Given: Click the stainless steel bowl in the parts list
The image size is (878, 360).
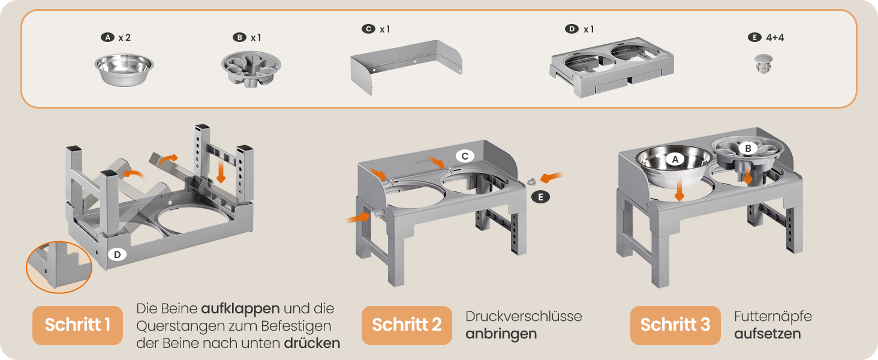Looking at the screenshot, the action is [124, 70].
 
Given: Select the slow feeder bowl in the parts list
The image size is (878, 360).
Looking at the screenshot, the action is [251, 69].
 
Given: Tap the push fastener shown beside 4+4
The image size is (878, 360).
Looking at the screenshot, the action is [763, 64].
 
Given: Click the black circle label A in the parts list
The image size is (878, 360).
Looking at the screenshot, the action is [107, 37].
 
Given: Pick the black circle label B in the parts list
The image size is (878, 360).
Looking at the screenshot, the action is [239, 37].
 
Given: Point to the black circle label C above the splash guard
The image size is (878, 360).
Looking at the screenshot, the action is [368, 29].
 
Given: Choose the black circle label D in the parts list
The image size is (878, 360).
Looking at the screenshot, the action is [572, 29].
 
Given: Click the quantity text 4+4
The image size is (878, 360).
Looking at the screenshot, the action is [775, 37].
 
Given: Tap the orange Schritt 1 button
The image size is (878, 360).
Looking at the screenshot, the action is [77, 325].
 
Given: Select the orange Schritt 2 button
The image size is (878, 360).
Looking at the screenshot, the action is [407, 325].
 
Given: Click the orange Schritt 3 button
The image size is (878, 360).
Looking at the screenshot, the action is [675, 325].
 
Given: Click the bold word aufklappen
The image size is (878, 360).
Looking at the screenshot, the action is [240, 309].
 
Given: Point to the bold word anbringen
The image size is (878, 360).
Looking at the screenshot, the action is [501, 334].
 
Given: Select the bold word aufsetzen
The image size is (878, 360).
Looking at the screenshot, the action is [768, 334].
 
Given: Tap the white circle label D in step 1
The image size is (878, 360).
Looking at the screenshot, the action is [117, 254].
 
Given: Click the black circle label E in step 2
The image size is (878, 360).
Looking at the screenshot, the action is [540, 197].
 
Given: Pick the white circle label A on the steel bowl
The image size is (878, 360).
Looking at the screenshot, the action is [675, 159].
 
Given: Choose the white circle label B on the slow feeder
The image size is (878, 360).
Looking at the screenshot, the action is [748, 148].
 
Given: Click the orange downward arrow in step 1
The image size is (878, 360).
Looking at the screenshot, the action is [221, 173].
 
